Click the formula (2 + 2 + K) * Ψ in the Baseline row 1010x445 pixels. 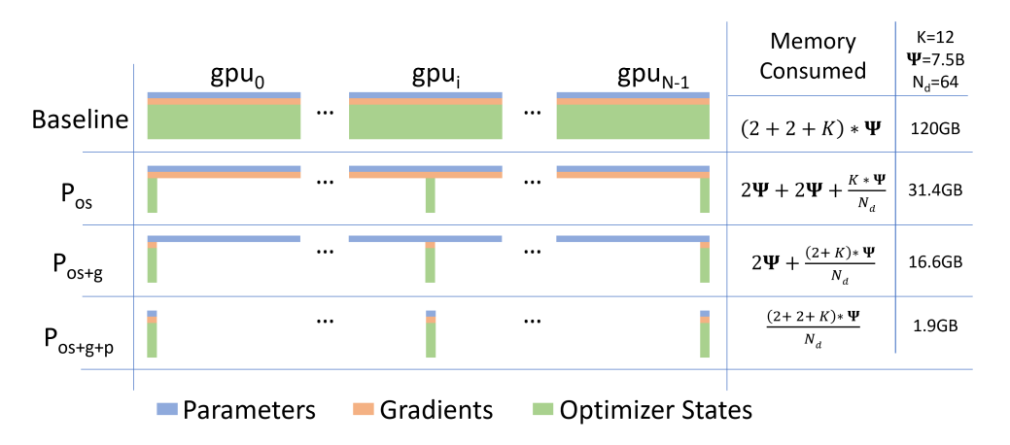[812, 129]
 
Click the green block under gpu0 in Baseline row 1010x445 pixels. [225, 121]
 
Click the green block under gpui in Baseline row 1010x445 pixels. [425, 121]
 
